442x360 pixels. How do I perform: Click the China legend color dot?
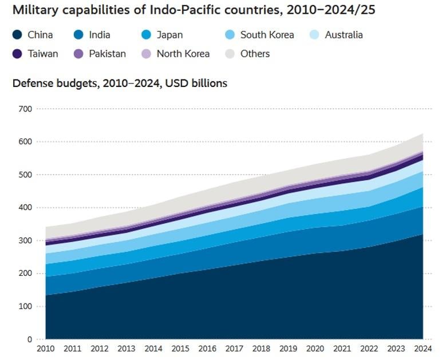click(x=18, y=35)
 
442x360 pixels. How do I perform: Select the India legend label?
click(x=99, y=35)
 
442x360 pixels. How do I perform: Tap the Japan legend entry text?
click(x=169, y=35)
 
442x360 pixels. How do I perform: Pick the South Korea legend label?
click(x=267, y=35)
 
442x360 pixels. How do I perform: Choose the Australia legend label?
click(x=344, y=35)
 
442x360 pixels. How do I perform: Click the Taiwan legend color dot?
click(x=18, y=54)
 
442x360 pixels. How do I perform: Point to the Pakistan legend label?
click(x=107, y=54)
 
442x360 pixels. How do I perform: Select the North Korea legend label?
click(x=183, y=54)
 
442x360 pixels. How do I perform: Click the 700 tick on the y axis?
click(x=25, y=109)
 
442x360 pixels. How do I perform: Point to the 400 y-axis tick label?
click(x=25, y=208)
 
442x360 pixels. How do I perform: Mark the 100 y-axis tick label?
click(x=25, y=307)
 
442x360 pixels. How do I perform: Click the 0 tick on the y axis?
click(x=29, y=339)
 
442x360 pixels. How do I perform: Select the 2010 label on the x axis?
click(x=46, y=348)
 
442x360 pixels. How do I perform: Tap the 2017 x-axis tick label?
click(x=235, y=348)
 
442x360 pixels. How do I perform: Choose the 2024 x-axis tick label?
click(x=423, y=348)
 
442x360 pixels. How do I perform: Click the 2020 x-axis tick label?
click(x=315, y=348)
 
